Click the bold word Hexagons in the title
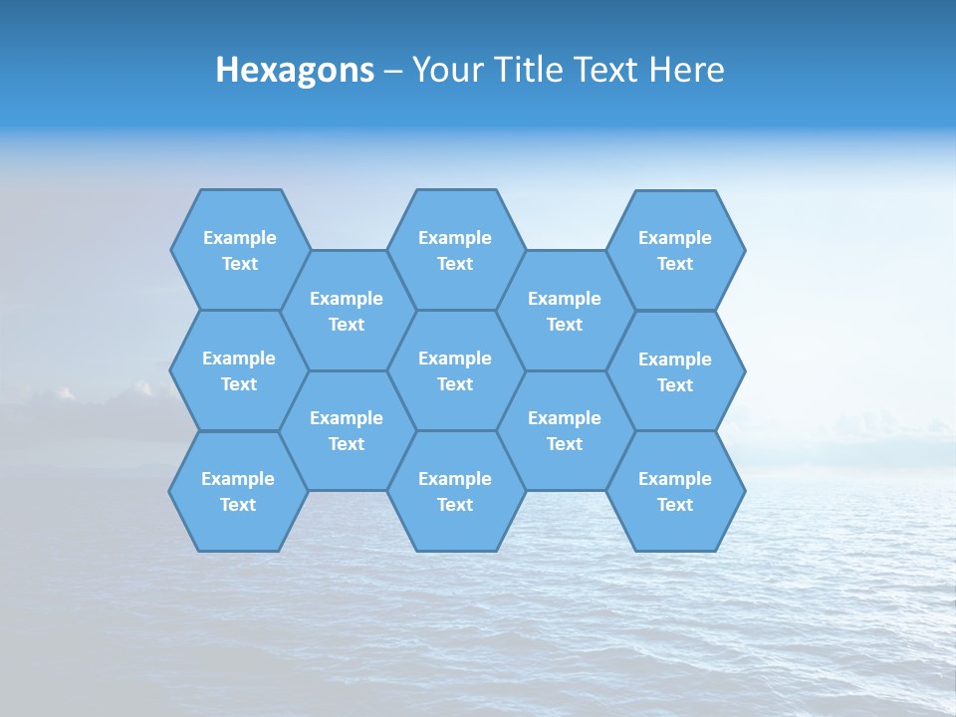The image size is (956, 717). point(295,70)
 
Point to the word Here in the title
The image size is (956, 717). point(686,70)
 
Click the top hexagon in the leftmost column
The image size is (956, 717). point(240,250)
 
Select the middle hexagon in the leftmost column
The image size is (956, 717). point(239,370)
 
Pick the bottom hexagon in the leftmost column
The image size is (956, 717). point(238,491)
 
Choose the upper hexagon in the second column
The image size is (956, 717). point(347,311)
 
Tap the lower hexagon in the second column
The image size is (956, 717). point(347,430)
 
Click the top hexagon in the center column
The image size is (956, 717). point(455,250)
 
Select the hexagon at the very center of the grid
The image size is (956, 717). point(455,370)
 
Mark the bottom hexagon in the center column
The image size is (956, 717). point(455,491)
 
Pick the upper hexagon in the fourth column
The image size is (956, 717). point(565,311)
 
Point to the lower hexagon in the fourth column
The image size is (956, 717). point(565,430)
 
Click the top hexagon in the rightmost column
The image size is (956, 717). point(675,250)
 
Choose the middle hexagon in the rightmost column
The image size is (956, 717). point(675,371)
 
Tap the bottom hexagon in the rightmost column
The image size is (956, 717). point(675,491)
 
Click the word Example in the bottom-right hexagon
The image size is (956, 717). point(675,479)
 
